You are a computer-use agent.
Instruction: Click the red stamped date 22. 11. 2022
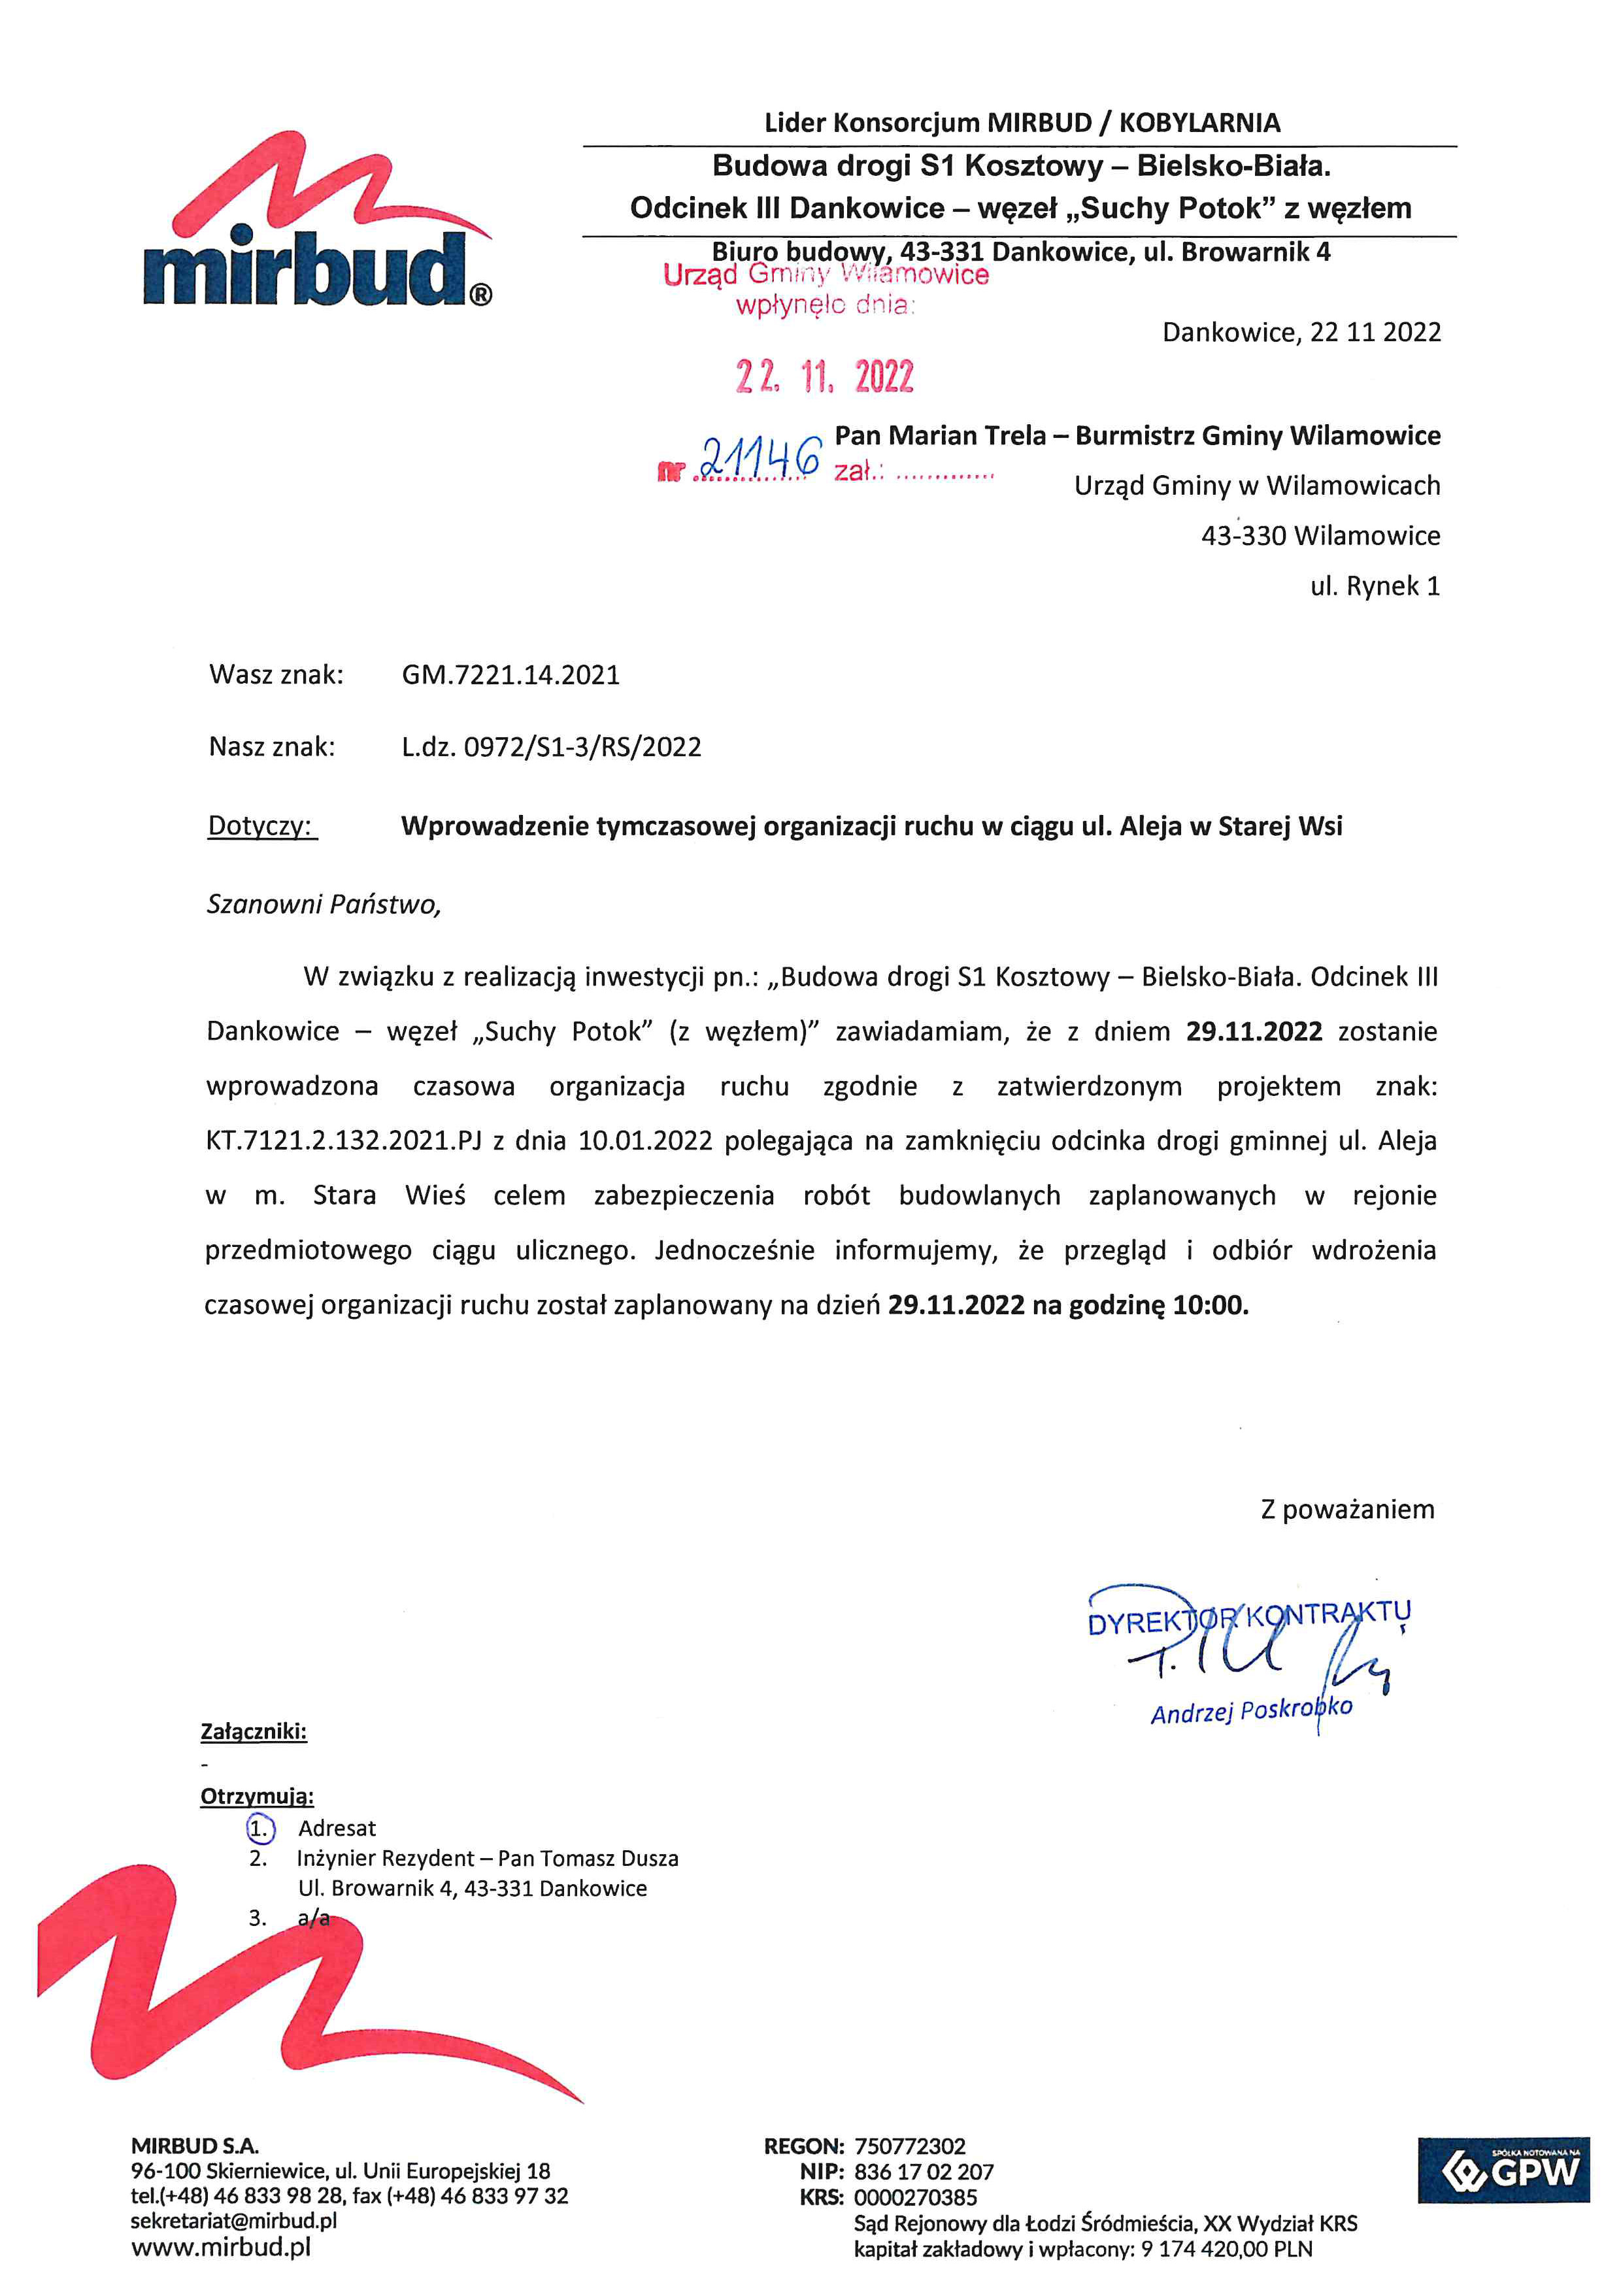pyautogui.click(x=824, y=376)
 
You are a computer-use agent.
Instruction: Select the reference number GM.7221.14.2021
pyautogui.click(x=510, y=675)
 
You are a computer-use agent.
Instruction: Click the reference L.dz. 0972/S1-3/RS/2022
pyautogui.click(x=551, y=747)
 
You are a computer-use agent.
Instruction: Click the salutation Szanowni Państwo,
pyautogui.click(x=324, y=905)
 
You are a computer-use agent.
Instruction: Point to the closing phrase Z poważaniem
pyautogui.click(x=1346, y=1509)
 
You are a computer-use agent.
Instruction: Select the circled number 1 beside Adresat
pyautogui.click(x=259, y=1828)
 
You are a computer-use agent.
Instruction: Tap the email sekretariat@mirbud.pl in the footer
pyautogui.click(x=233, y=2220)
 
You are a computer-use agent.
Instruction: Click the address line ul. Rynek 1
pyautogui.click(x=1375, y=586)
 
